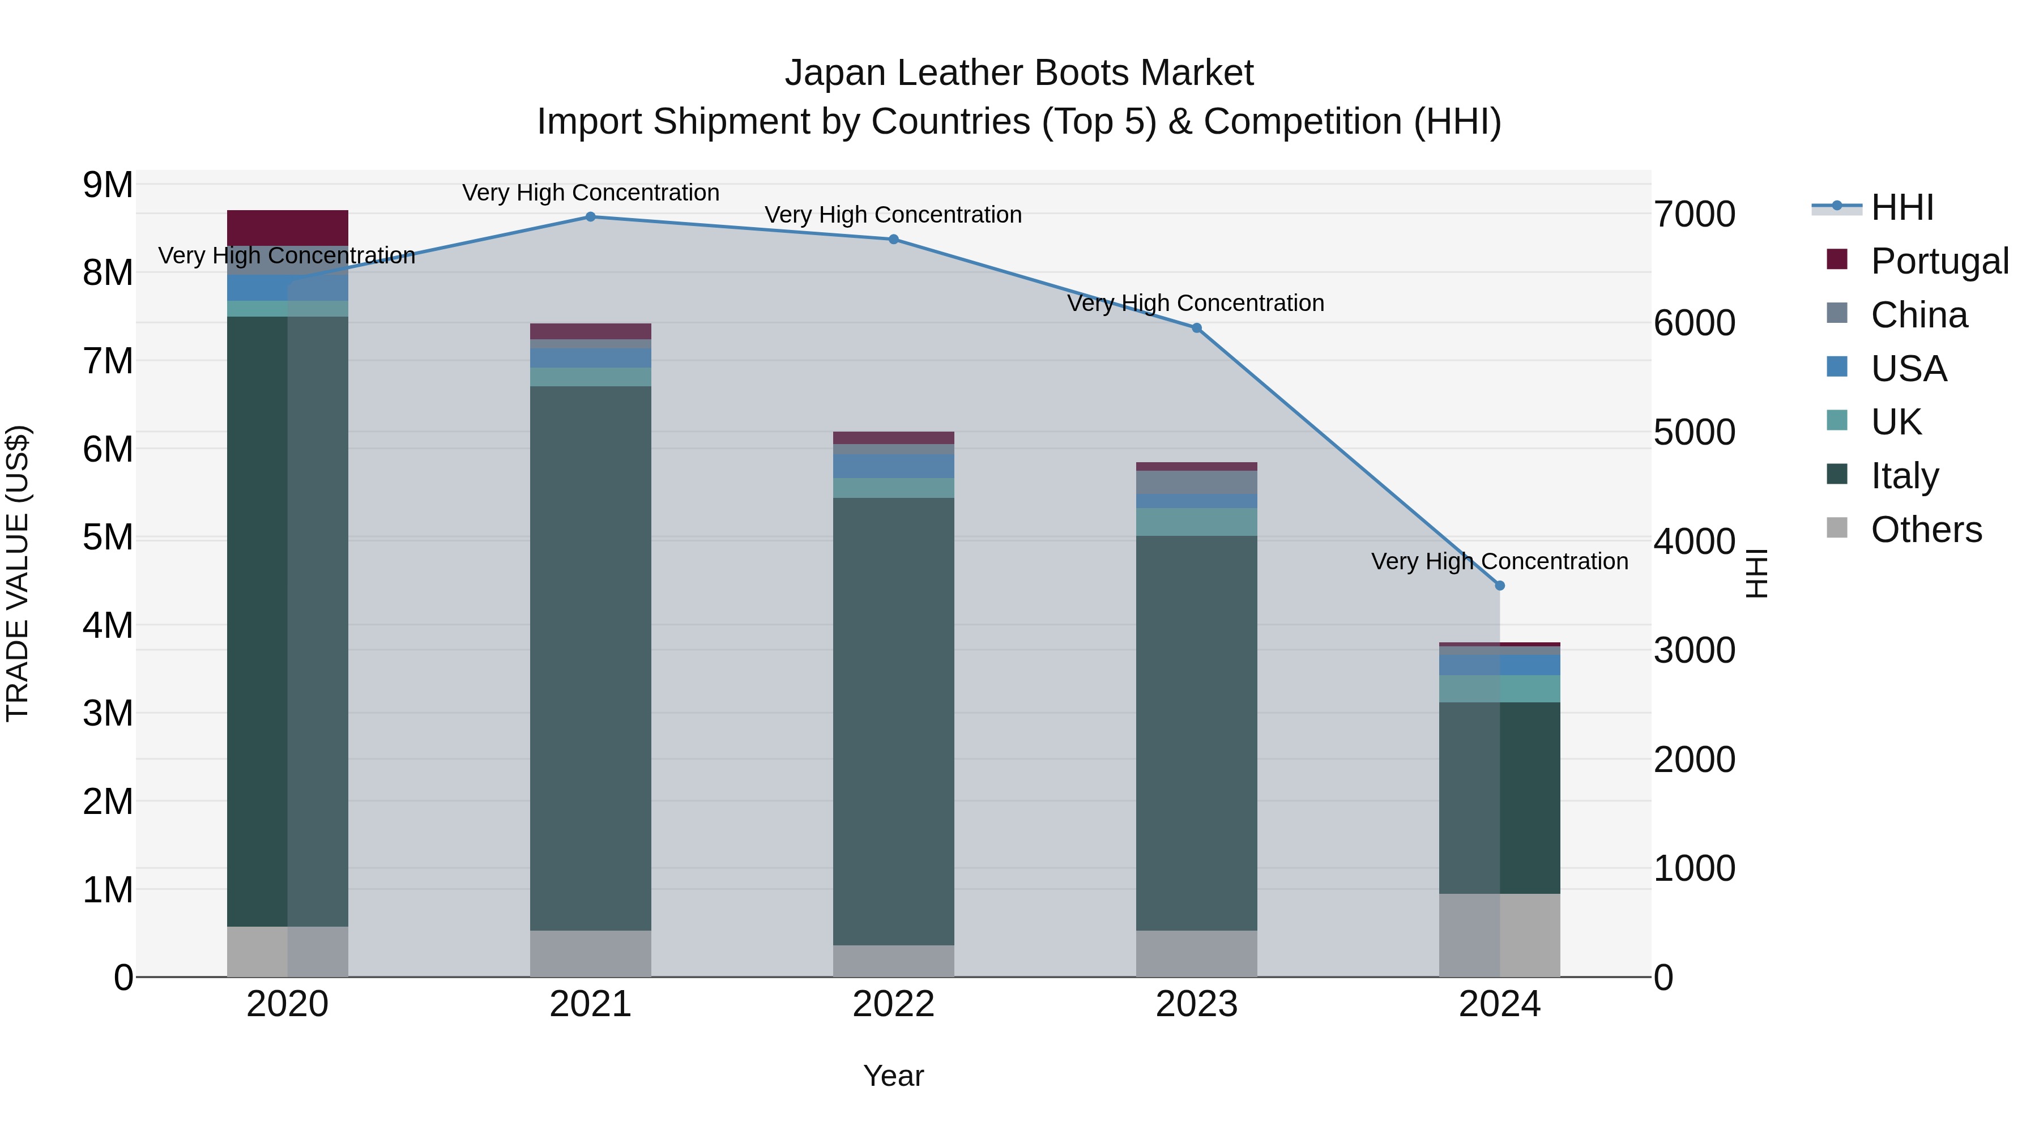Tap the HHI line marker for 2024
(1499, 586)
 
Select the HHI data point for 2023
(1196, 328)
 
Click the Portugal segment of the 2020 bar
(287, 227)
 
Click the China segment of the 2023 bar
(1196, 482)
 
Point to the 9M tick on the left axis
(108, 185)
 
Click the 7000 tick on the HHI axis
(1694, 215)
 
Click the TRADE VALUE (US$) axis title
(18, 573)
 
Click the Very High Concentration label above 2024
(1499, 561)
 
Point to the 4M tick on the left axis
(108, 625)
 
